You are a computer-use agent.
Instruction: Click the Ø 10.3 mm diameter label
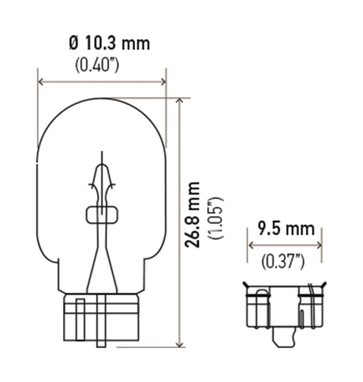click(109, 44)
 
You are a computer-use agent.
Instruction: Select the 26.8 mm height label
click(193, 215)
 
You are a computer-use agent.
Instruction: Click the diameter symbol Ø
click(74, 44)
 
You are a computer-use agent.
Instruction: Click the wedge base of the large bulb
click(101, 317)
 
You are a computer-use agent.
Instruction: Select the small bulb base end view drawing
click(285, 308)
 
